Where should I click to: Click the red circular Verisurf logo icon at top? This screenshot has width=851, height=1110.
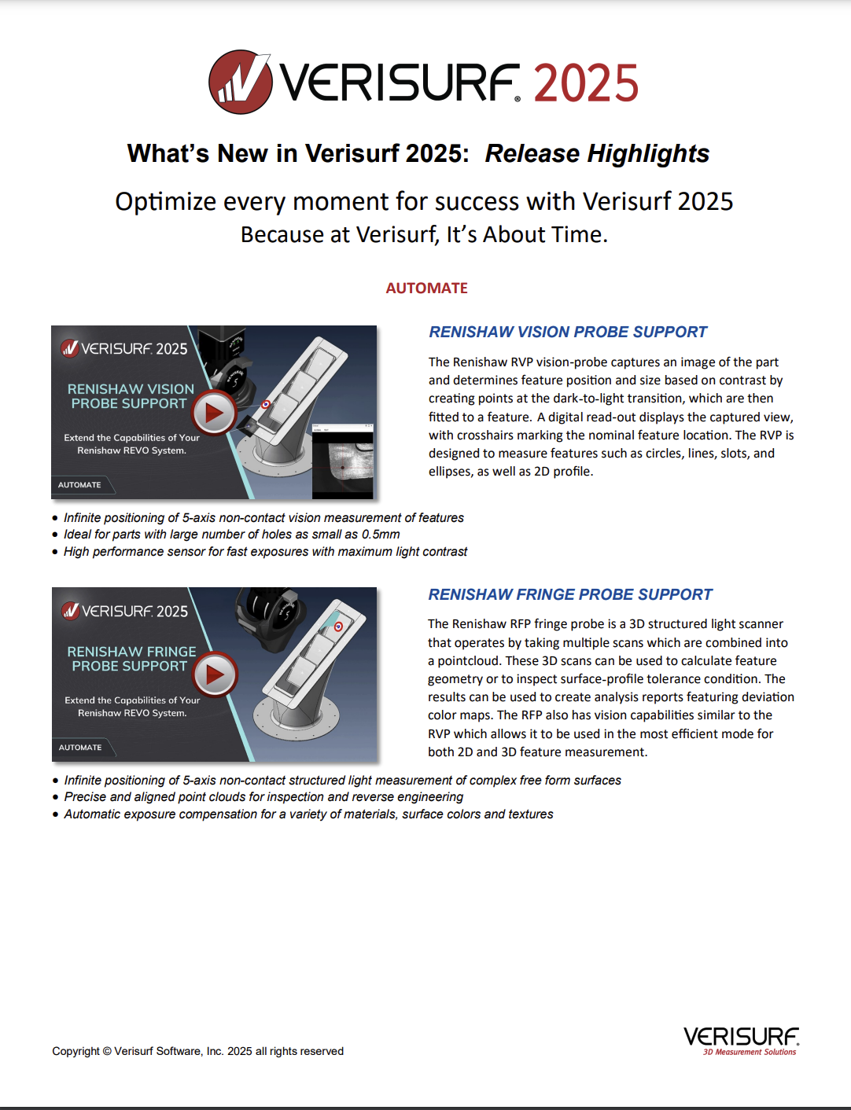[240, 82]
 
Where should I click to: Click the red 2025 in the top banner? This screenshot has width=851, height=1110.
[586, 83]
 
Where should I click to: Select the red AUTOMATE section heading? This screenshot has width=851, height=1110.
[426, 289]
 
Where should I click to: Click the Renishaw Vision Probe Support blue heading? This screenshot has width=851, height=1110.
[567, 333]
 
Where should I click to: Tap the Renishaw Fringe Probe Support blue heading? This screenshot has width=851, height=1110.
[569, 595]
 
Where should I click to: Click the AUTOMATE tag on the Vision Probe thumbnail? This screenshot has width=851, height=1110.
[79, 485]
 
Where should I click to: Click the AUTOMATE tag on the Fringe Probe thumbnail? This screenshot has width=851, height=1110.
[80, 748]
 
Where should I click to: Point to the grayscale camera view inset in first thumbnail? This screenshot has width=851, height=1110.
[342, 464]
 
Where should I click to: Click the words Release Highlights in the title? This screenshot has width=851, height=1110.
[597, 153]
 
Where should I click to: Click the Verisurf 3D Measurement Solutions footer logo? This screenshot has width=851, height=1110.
[741, 1041]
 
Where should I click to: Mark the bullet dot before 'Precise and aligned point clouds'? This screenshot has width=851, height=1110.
[55, 797]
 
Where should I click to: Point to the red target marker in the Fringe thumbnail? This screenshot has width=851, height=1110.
[338, 627]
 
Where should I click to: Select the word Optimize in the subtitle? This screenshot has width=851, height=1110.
[166, 202]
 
